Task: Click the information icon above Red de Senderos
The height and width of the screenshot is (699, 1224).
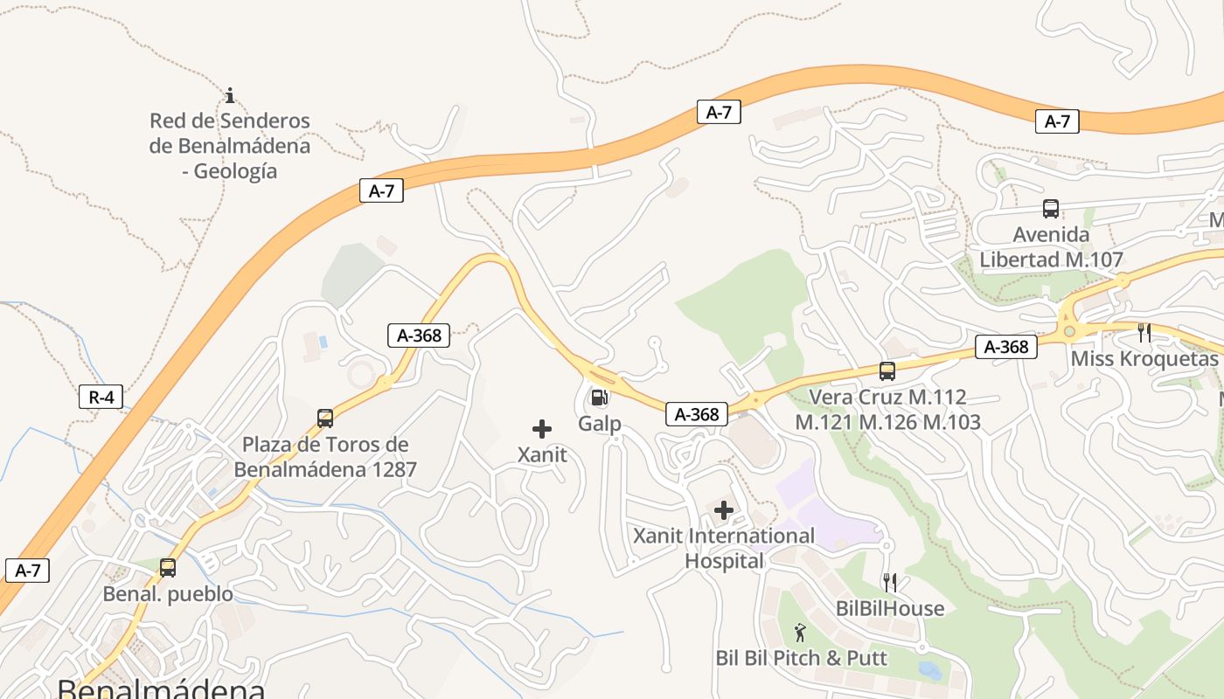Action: pyautogui.click(x=230, y=95)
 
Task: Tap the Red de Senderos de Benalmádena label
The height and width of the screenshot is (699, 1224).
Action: pyautogui.click(x=229, y=146)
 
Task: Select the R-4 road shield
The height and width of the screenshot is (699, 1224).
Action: pyautogui.click(x=101, y=398)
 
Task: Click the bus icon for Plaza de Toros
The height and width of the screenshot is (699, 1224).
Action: pyautogui.click(x=325, y=419)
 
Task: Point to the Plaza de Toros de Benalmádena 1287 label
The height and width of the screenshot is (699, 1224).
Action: pyautogui.click(x=325, y=457)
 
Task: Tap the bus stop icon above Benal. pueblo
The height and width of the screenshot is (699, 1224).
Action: pyautogui.click(x=168, y=568)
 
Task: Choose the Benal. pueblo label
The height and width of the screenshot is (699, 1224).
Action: pyautogui.click(x=168, y=594)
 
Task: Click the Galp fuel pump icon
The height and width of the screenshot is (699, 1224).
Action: pyautogui.click(x=600, y=398)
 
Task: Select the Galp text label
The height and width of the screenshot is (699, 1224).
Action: pyautogui.click(x=600, y=424)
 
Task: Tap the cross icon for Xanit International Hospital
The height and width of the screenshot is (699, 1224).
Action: pyautogui.click(x=724, y=510)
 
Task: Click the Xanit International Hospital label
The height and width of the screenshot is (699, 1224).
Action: pyautogui.click(x=724, y=548)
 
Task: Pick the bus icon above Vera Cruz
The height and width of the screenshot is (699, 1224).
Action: pyautogui.click(x=887, y=371)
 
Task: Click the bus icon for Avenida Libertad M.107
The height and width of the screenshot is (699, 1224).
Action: pyautogui.click(x=1051, y=209)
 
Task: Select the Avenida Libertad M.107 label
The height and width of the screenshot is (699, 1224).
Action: pyautogui.click(x=1051, y=247)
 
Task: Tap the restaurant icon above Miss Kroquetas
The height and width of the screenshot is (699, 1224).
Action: pyautogui.click(x=1144, y=333)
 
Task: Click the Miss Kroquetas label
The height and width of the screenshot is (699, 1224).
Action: pyautogui.click(x=1144, y=359)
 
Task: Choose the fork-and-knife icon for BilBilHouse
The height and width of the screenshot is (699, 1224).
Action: pyautogui.click(x=890, y=582)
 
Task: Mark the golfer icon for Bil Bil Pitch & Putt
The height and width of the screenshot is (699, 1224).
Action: pyautogui.click(x=801, y=632)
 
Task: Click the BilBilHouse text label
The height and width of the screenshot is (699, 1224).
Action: pyautogui.click(x=890, y=608)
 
